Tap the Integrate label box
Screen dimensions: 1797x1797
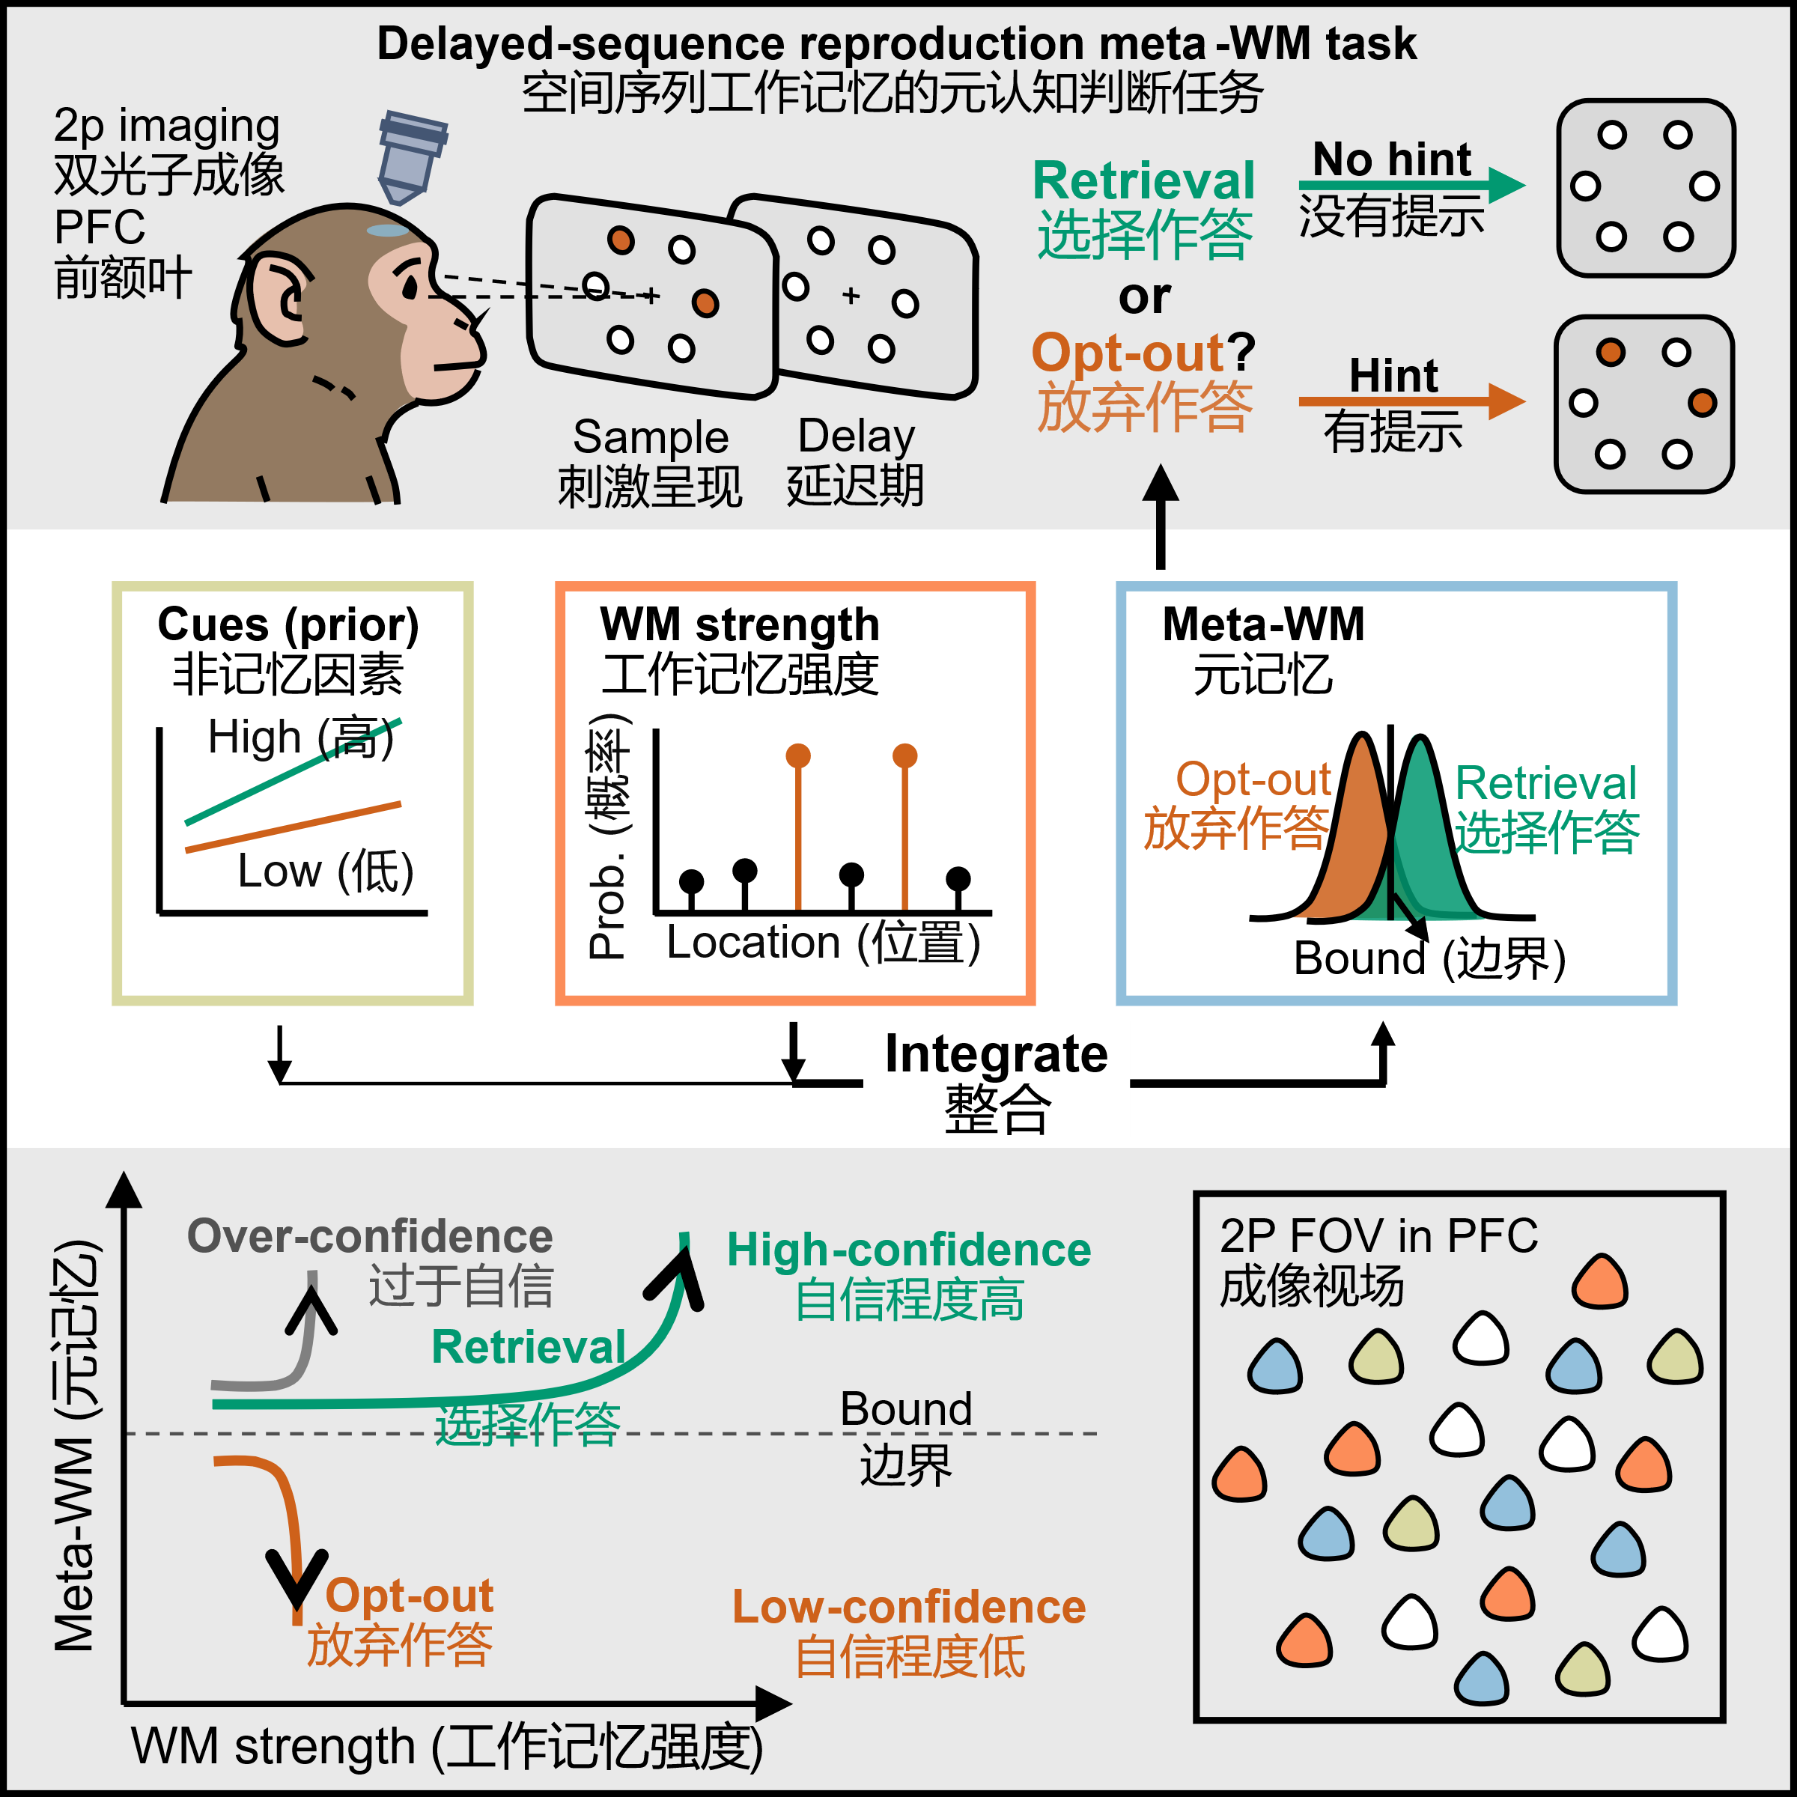pos(995,1079)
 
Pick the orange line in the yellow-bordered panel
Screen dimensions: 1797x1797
pos(292,827)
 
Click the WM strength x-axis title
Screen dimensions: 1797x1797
pos(446,1746)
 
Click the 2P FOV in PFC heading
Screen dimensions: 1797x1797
pos(1378,1236)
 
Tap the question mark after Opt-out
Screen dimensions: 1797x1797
pos(1241,353)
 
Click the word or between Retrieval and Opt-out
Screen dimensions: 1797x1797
pos(1144,298)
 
